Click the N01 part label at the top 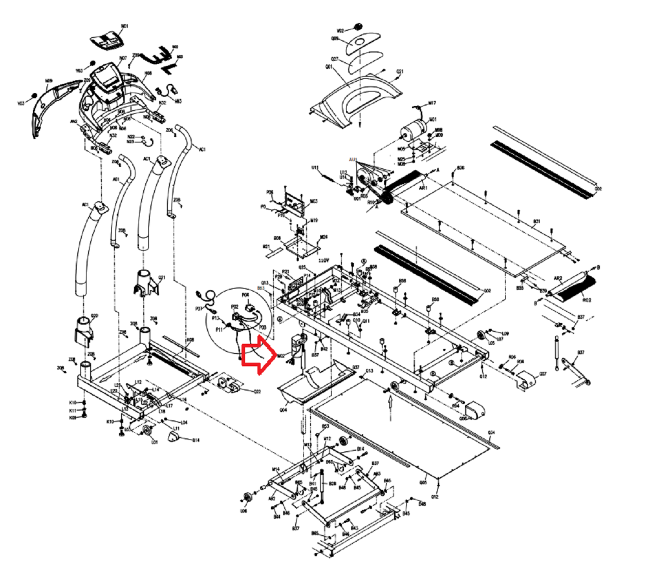(125, 26)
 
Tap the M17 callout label (432, 103)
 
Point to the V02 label (340, 30)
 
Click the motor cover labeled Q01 (355, 98)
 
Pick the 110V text (323, 261)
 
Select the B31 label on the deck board (537, 222)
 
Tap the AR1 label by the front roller (423, 188)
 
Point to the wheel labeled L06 (246, 498)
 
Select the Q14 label (196, 440)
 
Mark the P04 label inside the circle (246, 295)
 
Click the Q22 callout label (257, 392)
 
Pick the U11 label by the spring (315, 167)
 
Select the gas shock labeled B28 (322, 484)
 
